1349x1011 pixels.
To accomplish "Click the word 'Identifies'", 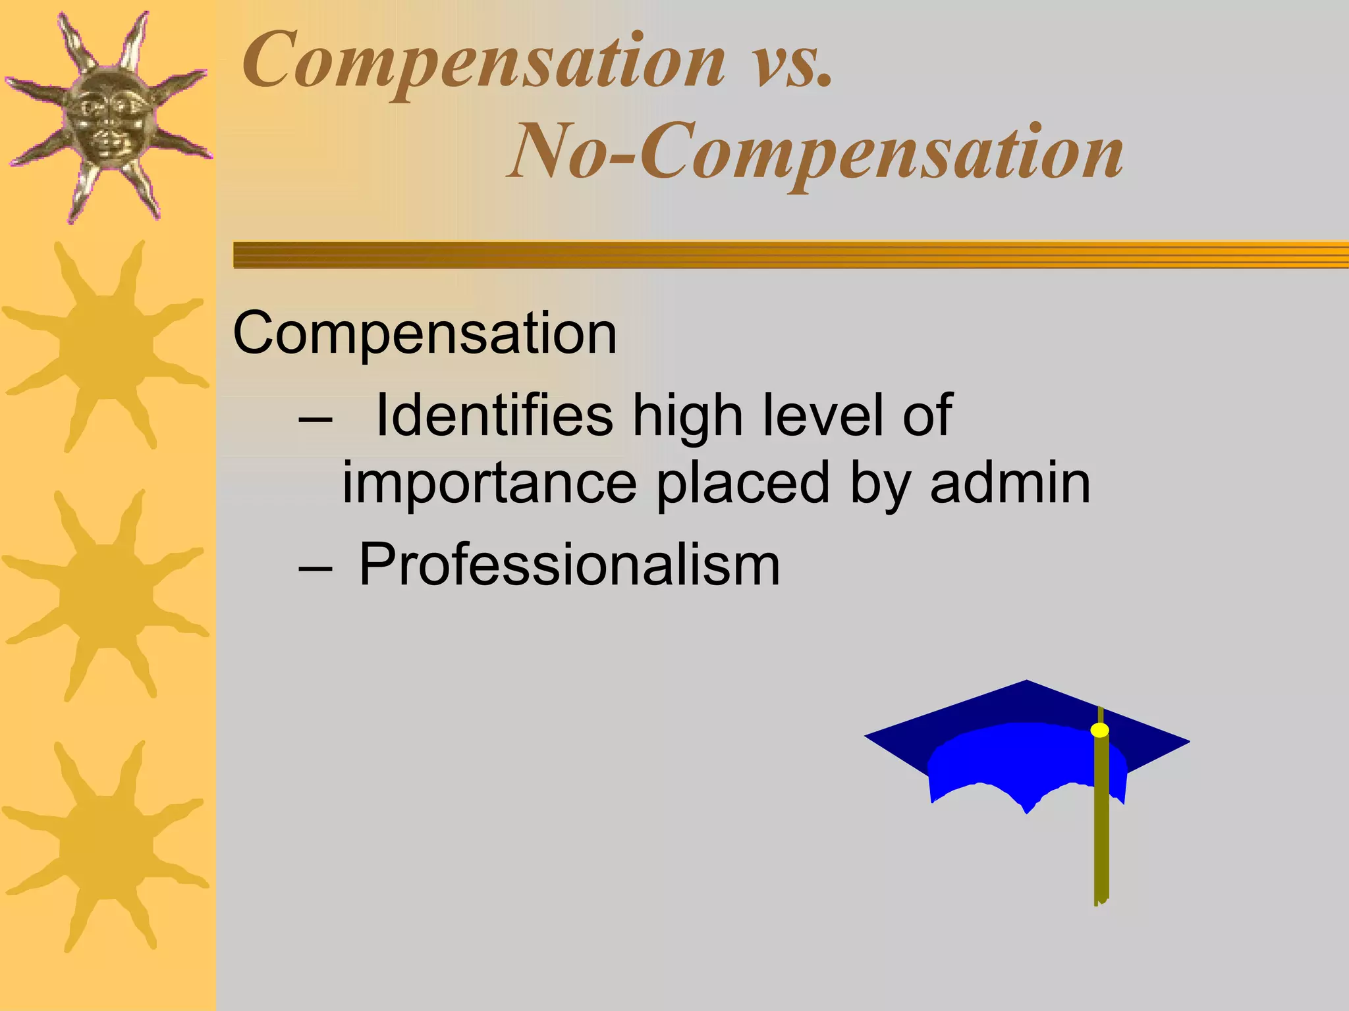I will (494, 415).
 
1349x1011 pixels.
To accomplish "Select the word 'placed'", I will (744, 485).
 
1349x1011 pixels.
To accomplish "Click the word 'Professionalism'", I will (570, 565).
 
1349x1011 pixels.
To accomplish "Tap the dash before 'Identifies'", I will (314, 418).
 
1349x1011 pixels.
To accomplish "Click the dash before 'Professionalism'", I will (314, 567).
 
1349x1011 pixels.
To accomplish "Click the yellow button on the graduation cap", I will (1099, 730).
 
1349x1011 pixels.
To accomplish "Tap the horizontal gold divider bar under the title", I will (790, 255).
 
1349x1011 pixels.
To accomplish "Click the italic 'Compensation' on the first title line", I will (484, 63).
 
